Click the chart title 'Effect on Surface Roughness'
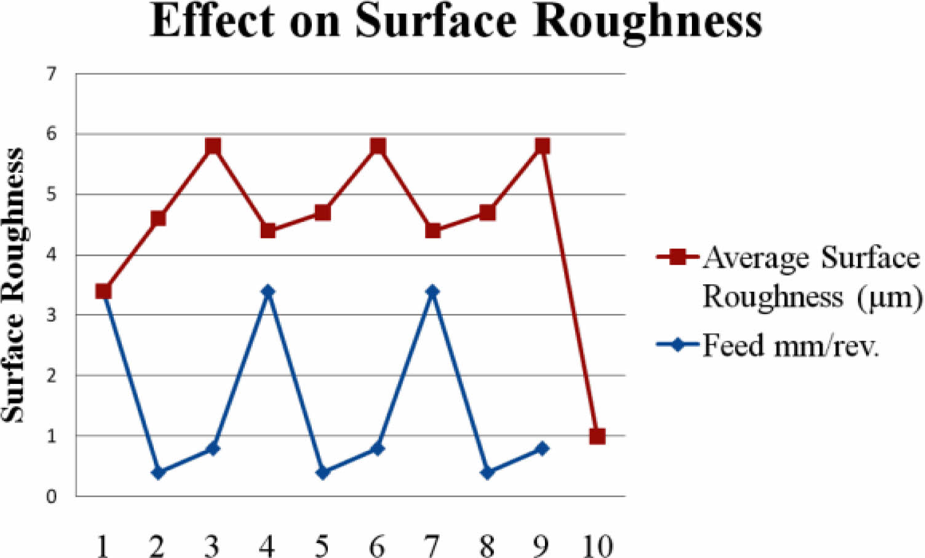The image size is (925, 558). [x=456, y=22]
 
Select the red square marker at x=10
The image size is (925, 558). [x=597, y=436]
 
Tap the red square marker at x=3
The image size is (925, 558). [x=213, y=146]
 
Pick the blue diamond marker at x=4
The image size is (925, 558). [x=268, y=291]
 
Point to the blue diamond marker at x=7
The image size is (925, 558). [x=432, y=291]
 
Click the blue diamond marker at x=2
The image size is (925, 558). [x=158, y=472]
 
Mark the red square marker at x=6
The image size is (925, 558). [x=378, y=146]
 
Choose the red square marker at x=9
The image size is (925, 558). [x=542, y=146]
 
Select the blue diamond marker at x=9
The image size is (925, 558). [x=542, y=448]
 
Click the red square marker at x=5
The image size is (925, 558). [x=322, y=213]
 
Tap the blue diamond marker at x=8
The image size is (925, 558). [x=487, y=472]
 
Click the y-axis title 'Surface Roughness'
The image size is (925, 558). [x=14, y=285]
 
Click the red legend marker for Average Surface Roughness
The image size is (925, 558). [x=677, y=257]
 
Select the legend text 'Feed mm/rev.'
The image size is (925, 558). [x=790, y=345]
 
